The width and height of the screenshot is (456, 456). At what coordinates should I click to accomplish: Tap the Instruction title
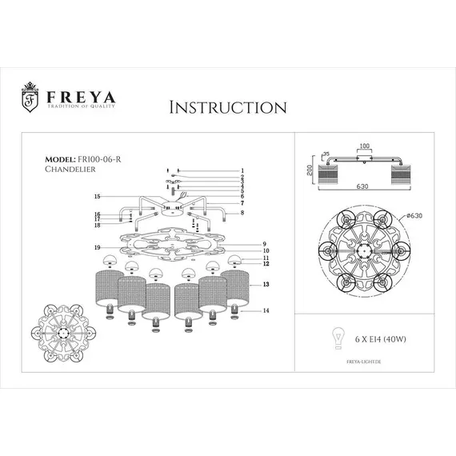228,107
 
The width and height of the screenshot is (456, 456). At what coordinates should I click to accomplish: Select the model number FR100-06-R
94,159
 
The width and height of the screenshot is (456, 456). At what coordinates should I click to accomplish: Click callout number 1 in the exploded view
241,171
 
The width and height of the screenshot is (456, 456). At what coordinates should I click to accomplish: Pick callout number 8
241,212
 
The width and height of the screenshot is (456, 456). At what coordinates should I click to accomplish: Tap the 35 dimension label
326,155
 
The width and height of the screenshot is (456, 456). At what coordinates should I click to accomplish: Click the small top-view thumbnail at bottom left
63,329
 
